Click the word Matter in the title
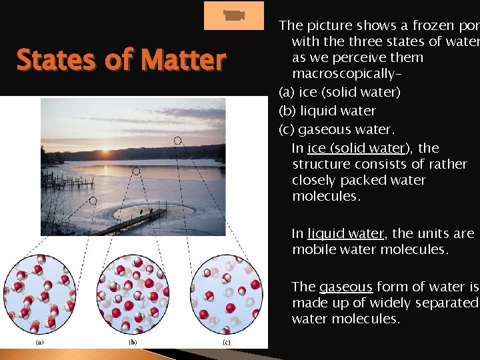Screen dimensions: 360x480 (x=188, y=60)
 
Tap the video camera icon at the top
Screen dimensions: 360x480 (x=233, y=16)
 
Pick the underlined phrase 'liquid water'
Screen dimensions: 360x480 (x=345, y=233)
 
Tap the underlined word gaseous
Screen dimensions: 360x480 (x=345, y=287)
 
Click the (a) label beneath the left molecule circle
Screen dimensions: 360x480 (x=39, y=342)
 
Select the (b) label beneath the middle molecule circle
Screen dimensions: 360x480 (x=133, y=342)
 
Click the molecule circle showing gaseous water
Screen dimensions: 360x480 (x=228, y=294)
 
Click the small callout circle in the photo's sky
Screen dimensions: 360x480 (x=177, y=140)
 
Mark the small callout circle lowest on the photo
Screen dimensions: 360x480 (x=93, y=200)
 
